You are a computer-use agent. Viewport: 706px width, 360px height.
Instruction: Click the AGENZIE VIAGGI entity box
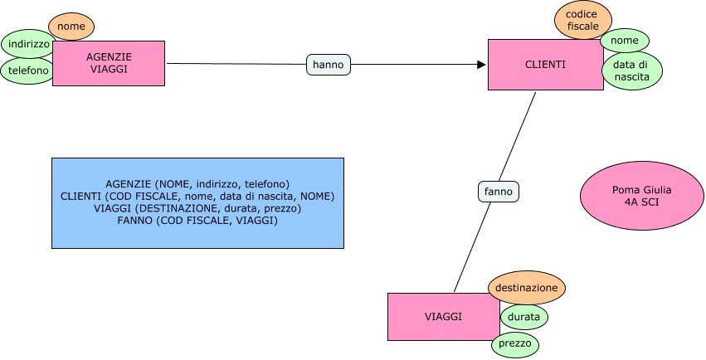click(x=108, y=63)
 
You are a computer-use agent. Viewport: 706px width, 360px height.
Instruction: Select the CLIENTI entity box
click(x=545, y=65)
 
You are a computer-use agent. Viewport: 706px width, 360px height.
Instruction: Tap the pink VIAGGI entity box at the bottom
click(x=443, y=317)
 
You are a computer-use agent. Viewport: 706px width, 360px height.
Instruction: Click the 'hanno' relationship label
click(x=329, y=64)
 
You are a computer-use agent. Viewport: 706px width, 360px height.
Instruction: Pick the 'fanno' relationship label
click(x=499, y=192)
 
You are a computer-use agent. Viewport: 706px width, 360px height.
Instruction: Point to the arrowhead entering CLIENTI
click(x=481, y=64)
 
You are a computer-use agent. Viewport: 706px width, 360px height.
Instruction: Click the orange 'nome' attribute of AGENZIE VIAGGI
click(x=71, y=27)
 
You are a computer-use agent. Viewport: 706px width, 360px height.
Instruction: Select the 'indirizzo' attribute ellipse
click(x=27, y=43)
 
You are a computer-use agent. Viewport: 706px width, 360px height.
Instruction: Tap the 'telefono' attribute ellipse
click(x=27, y=71)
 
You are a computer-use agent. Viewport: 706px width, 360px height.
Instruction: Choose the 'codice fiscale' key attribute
click(x=582, y=21)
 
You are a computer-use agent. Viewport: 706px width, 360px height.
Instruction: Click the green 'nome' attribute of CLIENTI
click(x=624, y=40)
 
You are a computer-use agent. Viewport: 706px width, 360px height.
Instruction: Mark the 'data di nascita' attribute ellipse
click(x=632, y=71)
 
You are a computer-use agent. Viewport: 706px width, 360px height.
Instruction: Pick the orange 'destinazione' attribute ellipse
click(x=526, y=288)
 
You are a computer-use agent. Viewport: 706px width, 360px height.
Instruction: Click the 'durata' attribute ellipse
click(x=524, y=317)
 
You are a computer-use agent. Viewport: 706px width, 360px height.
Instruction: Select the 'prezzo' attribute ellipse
click(x=514, y=343)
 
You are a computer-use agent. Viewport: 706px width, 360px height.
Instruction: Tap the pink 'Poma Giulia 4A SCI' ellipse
click(x=630, y=197)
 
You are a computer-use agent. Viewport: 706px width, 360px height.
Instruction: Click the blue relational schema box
click(x=197, y=202)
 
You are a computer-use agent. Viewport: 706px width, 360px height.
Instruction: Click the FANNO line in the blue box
click(x=197, y=221)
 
